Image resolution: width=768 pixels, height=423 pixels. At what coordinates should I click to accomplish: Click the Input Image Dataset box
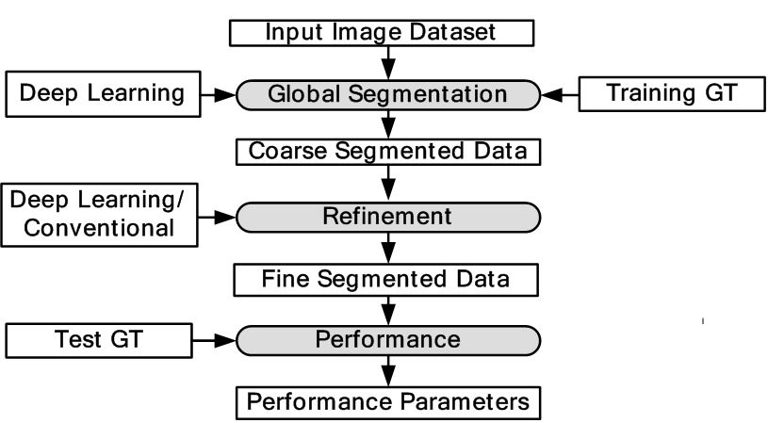point(383,33)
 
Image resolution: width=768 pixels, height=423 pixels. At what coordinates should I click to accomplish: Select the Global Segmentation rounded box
point(387,94)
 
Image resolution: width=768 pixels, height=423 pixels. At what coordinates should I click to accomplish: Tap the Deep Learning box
point(102,93)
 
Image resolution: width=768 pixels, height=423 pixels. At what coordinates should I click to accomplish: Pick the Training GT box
point(671,93)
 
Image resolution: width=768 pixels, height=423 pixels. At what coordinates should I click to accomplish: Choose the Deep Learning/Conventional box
point(100,214)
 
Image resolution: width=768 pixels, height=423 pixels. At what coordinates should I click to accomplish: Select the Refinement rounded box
point(387,217)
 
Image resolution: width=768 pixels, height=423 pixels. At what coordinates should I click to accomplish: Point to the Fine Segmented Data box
point(386,279)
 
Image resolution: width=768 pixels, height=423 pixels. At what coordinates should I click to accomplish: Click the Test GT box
point(99,339)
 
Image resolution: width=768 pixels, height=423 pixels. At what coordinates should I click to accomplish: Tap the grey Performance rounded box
point(387,339)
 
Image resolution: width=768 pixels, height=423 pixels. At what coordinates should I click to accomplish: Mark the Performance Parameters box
point(387,402)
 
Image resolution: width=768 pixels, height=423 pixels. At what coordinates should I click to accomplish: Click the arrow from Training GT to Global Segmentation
point(559,94)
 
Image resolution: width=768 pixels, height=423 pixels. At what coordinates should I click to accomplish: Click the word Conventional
point(100,228)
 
